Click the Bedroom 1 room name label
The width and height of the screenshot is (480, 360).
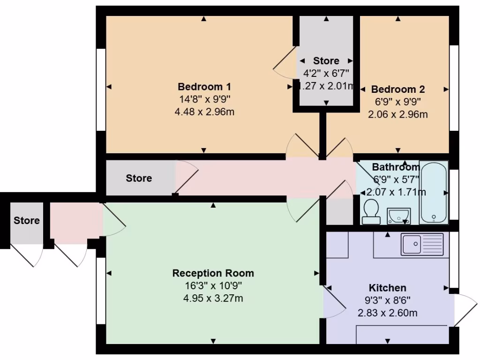(x=204, y=87)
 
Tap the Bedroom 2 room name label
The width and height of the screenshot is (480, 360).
(x=397, y=89)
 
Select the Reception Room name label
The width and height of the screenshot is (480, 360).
(x=213, y=273)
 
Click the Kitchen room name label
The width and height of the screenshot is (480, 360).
(x=387, y=288)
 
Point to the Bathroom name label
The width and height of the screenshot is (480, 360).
(x=396, y=167)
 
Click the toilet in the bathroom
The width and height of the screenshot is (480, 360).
(x=371, y=211)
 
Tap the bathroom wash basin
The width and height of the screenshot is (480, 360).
(x=398, y=216)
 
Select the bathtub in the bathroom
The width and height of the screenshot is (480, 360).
(x=434, y=193)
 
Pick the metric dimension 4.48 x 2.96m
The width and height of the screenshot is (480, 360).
(x=204, y=112)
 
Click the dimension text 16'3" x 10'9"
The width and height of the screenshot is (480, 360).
(x=213, y=285)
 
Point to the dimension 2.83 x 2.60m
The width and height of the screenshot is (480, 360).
(x=387, y=313)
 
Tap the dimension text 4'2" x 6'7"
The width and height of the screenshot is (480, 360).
(x=326, y=73)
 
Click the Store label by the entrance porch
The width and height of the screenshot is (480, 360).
(x=26, y=220)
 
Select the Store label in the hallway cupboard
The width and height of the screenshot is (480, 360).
(x=139, y=178)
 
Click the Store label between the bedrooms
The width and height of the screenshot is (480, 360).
(x=326, y=61)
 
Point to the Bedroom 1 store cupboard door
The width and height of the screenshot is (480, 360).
(x=285, y=63)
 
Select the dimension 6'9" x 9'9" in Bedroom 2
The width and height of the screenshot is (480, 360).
(x=397, y=102)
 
